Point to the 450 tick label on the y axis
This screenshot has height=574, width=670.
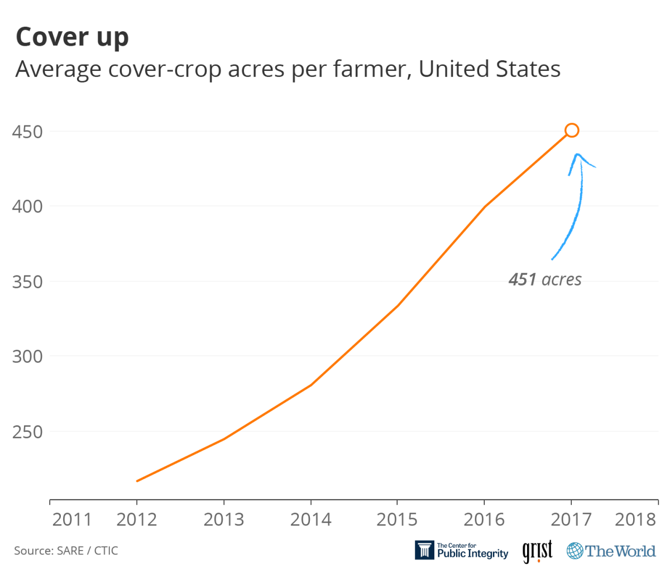27,132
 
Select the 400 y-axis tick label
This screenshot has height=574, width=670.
27,206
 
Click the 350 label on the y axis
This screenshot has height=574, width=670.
27,281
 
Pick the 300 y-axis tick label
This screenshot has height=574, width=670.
27,356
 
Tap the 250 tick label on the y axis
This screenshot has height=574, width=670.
27,431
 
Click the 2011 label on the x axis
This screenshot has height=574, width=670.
71,519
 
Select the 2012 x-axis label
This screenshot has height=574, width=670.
137,519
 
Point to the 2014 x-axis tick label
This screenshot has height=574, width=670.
310,519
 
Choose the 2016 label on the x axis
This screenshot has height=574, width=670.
484,519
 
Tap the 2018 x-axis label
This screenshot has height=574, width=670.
635,519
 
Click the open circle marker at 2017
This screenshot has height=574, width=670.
571,131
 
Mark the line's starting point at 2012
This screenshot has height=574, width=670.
137,481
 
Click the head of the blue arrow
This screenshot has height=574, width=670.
577,156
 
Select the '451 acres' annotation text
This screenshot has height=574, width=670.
545,279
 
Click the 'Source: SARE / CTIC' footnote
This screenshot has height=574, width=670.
66,551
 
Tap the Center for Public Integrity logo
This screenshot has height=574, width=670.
461,551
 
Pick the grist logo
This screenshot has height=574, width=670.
537,551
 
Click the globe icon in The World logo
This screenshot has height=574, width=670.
575,551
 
